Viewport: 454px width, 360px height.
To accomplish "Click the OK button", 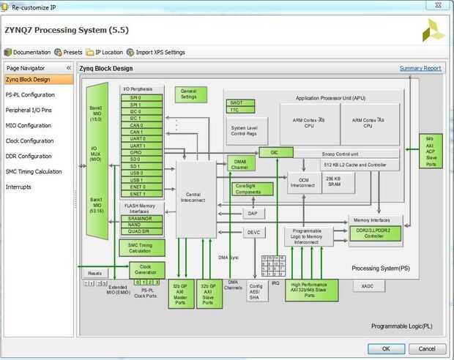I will [385, 348].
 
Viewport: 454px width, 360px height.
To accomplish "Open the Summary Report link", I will [420, 68].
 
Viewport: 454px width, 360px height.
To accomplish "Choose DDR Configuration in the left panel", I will [29, 156].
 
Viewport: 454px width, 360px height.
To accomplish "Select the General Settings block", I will [189, 94].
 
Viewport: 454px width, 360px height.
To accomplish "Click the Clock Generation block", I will [147, 269].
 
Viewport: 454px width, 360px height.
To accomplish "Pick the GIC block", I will [274, 152].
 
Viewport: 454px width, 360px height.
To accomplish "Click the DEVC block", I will [253, 232].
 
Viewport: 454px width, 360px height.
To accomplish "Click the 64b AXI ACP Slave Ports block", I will [431, 151].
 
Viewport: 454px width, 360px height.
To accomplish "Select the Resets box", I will [94, 272].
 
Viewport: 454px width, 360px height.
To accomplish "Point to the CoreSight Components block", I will [253, 189].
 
